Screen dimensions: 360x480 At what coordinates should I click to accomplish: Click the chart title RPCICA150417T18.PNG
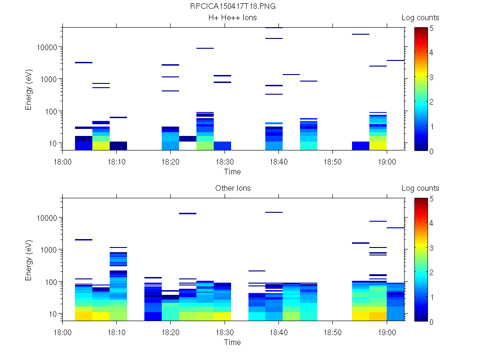232,7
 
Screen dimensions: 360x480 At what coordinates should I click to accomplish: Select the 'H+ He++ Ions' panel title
232,18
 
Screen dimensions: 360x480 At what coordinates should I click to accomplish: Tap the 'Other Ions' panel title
232,188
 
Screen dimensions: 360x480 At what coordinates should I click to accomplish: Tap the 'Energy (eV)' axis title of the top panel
29,89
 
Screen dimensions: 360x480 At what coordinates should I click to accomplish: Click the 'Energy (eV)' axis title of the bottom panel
29,259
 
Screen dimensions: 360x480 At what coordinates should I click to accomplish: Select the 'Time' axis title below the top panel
232,172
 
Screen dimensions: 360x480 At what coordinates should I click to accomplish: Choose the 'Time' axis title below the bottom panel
232,342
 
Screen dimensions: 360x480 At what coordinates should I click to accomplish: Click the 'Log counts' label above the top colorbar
420,18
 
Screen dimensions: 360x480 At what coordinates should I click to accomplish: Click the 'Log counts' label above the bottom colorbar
420,188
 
